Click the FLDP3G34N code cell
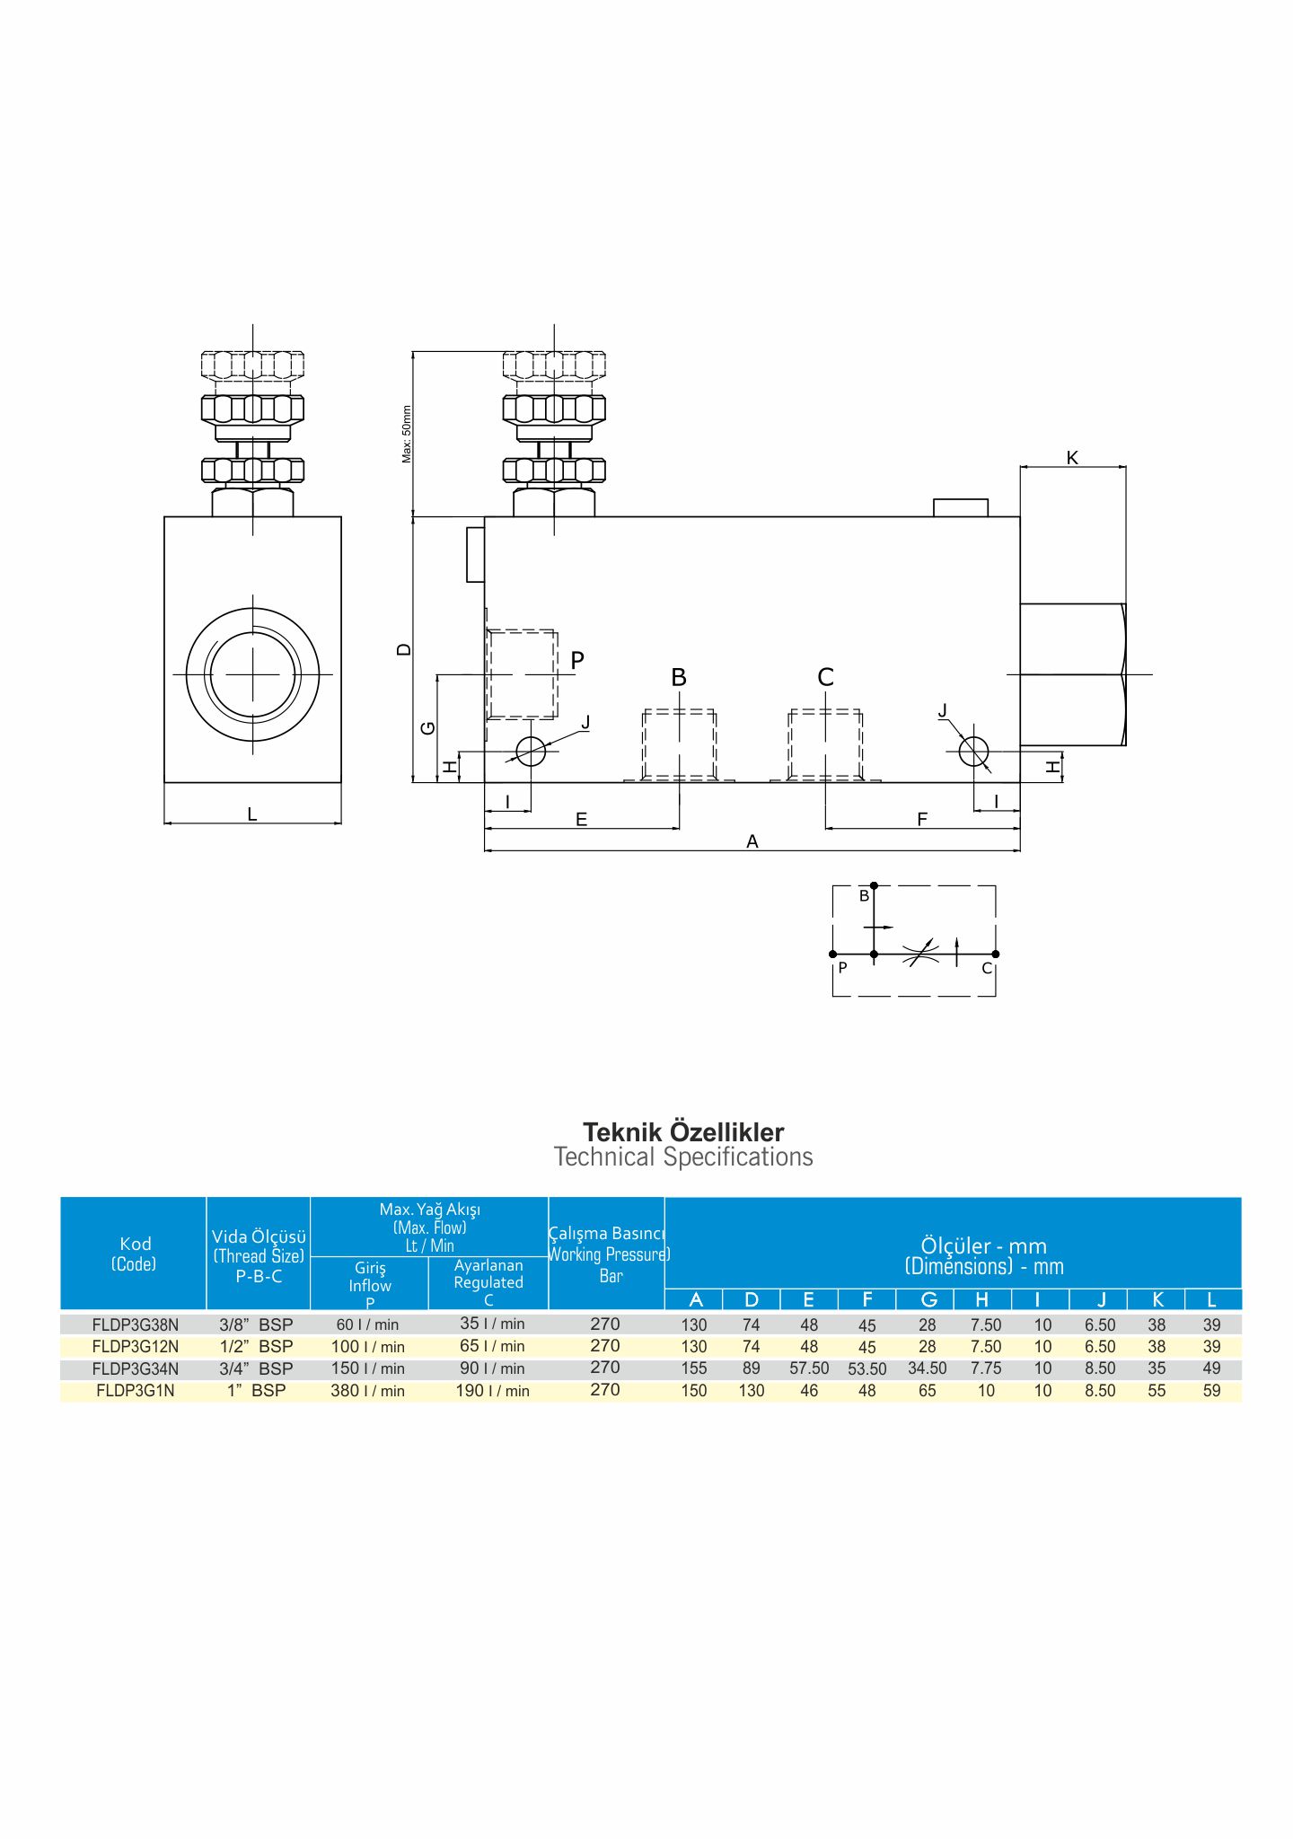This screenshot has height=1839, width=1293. pyautogui.click(x=135, y=1368)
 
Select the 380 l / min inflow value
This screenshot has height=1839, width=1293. pyautogui.click(x=367, y=1391)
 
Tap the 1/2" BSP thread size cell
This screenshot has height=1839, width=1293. pyautogui.click(x=256, y=1347)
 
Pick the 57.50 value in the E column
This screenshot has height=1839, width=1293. pyautogui.click(x=809, y=1368)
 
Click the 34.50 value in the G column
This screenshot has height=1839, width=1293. pyautogui.click(x=928, y=1368)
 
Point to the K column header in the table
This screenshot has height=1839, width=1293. pyautogui.click(x=1157, y=1299)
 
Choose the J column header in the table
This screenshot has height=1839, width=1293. pyautogui.click(x=1101, y=1299)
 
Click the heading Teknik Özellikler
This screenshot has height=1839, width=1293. pyautogui.click(x=683, y=1132)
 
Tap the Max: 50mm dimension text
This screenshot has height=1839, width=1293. pyautogui.click(x=407, y=435)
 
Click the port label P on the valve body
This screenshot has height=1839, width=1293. pyautogui.click(x=577, y=660)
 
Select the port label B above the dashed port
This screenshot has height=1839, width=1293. pyautogui.click(x=679, y=678)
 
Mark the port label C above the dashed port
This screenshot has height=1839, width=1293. pyautogui.click(x=826, y=677)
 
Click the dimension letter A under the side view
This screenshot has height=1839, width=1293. pyautogui.click(x=752, y=841)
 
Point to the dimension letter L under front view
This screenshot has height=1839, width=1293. pyautogui.click(x=252, y=814)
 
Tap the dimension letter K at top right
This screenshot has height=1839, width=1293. pyautogui.click(x=1072, y=458)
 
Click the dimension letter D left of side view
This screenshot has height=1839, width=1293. pyautogui.click(x=405, y=649)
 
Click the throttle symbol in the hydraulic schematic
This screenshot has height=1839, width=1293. pyautogui.click(x=920, y=953)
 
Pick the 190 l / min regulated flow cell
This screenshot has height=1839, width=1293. pyautogui.click(x=492, y=1391)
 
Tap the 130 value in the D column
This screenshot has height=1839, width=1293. pyautogui.click(x=752, y=1391)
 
